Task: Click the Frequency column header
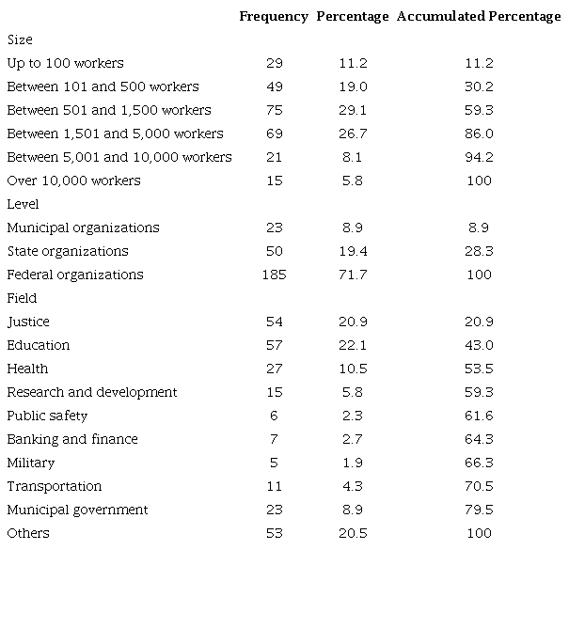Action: coord(273,16)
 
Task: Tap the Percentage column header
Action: coord(353,16)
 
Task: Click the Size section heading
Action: coord(20,39)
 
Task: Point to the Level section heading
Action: coord(23,204)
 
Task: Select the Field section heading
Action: coord(22,298)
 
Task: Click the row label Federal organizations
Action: coord(75,275)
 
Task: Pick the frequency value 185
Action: coord(274,275)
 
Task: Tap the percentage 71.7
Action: coord(353,275)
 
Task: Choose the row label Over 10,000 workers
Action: coord(73,181)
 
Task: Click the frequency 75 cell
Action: coord(274,110)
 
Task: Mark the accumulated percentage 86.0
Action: coord(479,134)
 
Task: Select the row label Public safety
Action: coord(48,416)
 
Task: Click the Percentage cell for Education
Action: coord(353,345)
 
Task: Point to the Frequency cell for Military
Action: coord(274,463)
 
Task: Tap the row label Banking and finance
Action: coord(72,439)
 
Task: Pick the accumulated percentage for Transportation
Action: coord(479,486)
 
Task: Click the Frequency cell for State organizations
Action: coord(274,251)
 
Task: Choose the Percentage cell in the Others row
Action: coord(353,533)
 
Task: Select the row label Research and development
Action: coord(92,392)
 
